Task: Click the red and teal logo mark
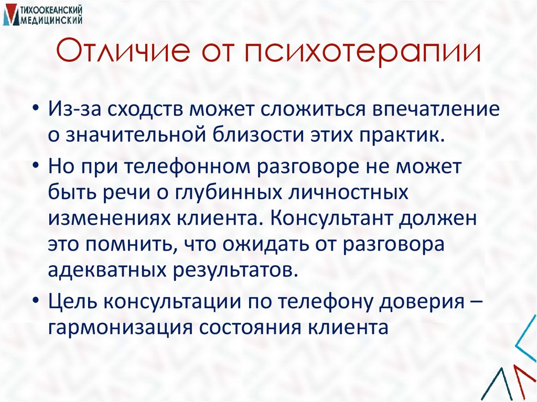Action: pos(9,15)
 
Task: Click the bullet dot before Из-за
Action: pos(36,111)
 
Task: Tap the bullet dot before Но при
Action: pos(36,167)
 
